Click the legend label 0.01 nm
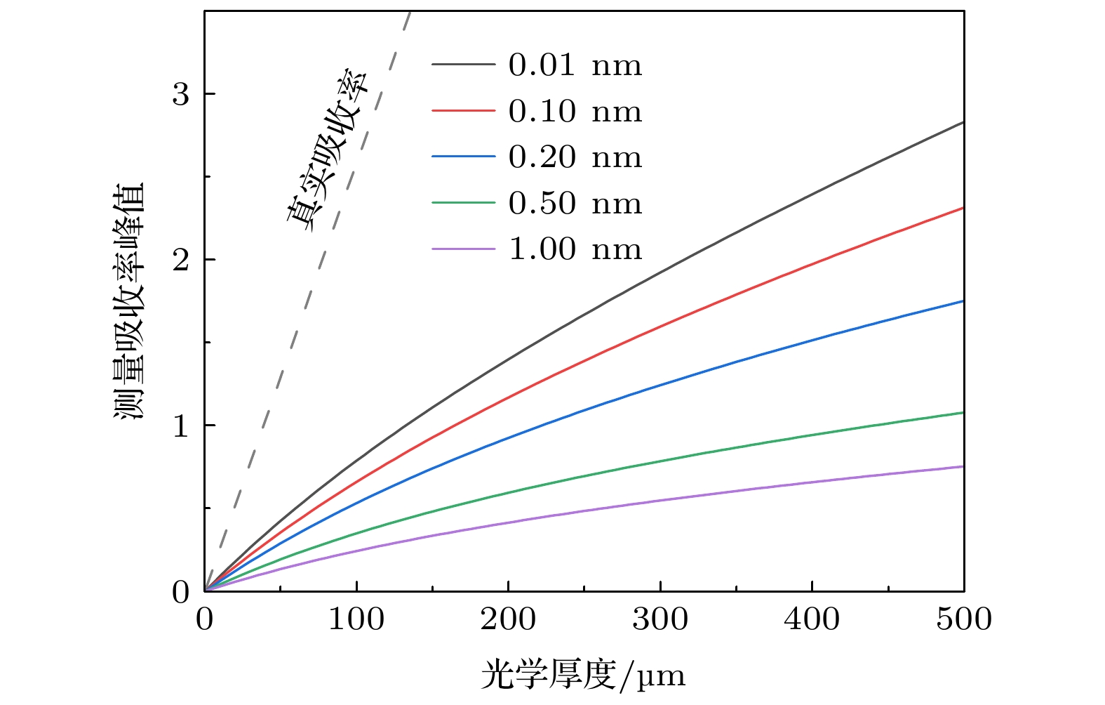(x=575, y=65)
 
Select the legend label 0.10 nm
(x=575, y=112)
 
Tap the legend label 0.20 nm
(x=575, y=157)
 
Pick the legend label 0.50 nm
(x=575, y=204)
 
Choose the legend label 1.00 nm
(x=575, y=249)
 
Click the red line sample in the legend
(x=463, y=111)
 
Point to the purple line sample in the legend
(x=463, y=249)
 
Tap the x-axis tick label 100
(x=356, y=619)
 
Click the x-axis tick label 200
(x=508, y=619)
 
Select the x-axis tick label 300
(x=660, y=619)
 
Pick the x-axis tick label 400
(x=812, y=619)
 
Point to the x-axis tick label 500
(x=964, y=619)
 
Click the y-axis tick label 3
(x=180, y=94)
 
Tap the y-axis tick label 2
(x=180, y=260)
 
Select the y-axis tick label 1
(x=180, y=426)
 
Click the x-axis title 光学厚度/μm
(x=583, y=676)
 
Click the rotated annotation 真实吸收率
(x=327, y=147)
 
